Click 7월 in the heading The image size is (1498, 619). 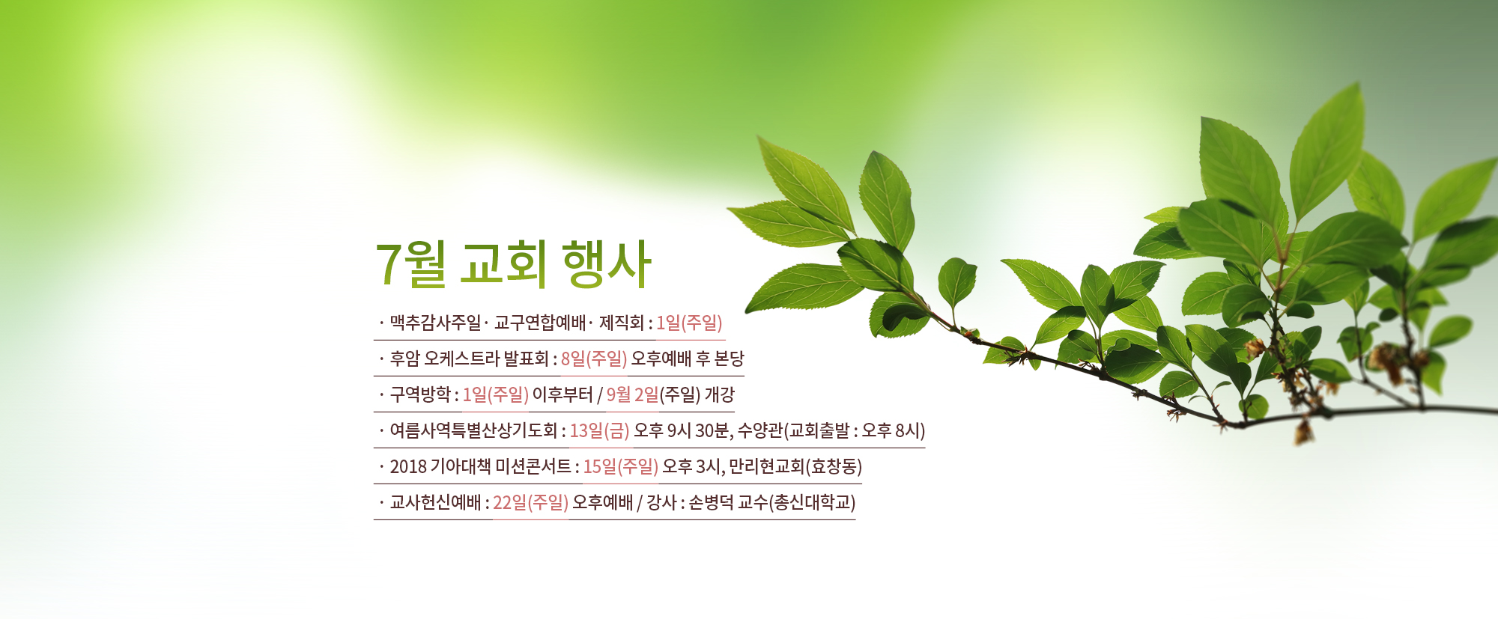pyautogui.click(x=410, y=264)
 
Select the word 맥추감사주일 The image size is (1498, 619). pyautogui.click(x=435, y=323)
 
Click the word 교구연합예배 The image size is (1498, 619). pyautogui.click(x=539, y=323)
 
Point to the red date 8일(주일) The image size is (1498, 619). pyautogui.click(x=593, y=359)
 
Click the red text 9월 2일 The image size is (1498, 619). pyautogui.click(x=633, y=394)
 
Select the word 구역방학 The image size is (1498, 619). pyautogui.click(x=420, y=394)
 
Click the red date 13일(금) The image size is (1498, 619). pyautogui.click(x=599, y=430)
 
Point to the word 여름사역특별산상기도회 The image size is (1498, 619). pyautogui.click(x=473, y=430)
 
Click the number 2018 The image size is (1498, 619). pyautogui.click(x=408, y=466)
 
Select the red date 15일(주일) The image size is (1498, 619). pyautogui.click(x=620, y=466)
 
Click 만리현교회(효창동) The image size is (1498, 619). pyautogui.click(x=795, y=466)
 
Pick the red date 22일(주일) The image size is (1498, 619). pyautogui.click(x=530, y=502)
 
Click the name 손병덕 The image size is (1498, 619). pyautogui.click(x=711, y=502)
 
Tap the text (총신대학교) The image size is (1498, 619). pyautogui.click(x=812, y=502)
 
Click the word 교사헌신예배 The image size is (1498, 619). pyautogui.click(x=435, y=502)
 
